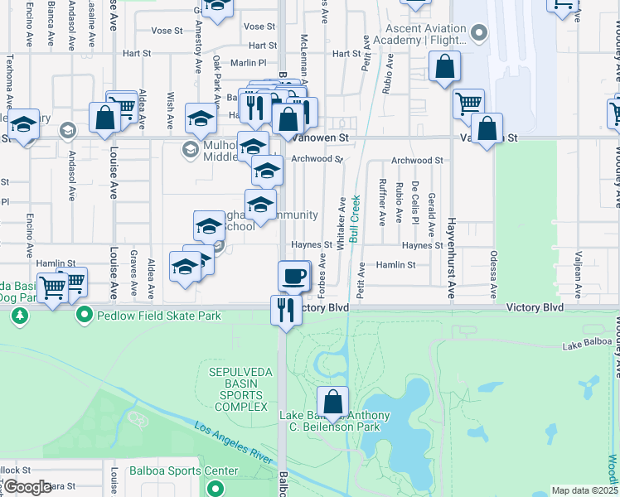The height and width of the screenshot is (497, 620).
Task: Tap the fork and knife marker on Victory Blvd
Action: (x=284, y=311)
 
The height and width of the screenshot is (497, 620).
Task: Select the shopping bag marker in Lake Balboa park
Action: (x=332, y=403)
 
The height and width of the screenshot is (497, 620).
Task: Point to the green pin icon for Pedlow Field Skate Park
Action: (x=84, y=316)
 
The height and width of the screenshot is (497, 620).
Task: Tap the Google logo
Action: (x=27, y=487)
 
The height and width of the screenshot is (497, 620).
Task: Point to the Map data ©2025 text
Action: (x=584, y=490)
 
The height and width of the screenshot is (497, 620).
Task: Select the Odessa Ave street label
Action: (x=493, y=274)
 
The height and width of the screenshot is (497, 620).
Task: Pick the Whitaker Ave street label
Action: (x=341, y=223)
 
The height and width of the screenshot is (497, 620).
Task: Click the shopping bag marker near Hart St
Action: (x=443, y=70)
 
